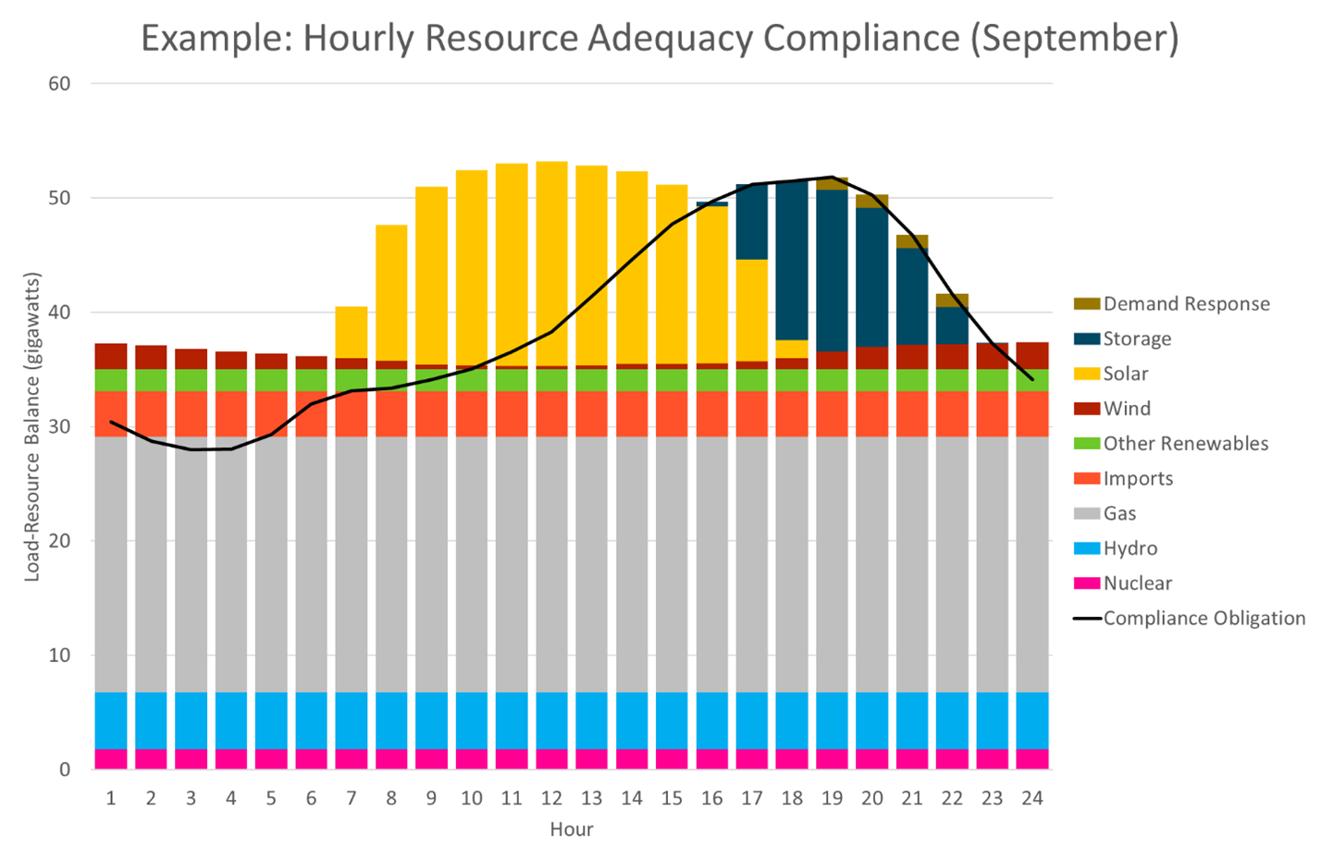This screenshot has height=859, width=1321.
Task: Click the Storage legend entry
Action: pos(1137,339)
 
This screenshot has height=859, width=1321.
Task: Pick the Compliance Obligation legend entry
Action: pos(1204,619)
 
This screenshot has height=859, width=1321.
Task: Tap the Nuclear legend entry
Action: pos(1137,583)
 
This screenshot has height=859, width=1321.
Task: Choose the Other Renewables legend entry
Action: pos(1185,444)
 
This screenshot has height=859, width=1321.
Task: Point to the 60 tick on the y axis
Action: pos(59,84)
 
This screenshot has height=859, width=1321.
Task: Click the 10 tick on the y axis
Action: pos(59,656)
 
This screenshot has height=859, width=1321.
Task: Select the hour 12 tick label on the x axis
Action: pos(551,798)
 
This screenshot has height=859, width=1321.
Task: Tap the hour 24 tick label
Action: pos(1031,798)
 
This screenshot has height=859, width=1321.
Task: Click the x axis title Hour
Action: pos(571,829)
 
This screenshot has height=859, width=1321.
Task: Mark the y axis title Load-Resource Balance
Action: pos(33,426)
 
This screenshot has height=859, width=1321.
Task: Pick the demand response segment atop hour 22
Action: pos(952,301)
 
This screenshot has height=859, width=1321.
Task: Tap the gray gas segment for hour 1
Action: pos(111,564)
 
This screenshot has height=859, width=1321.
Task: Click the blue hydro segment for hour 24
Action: pos(1032,720)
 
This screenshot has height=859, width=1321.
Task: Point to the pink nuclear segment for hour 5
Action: pos(271,759)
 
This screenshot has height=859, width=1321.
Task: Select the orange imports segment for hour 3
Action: pos(191,414)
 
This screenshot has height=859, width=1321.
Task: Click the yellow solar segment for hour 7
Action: pos(352,332)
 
